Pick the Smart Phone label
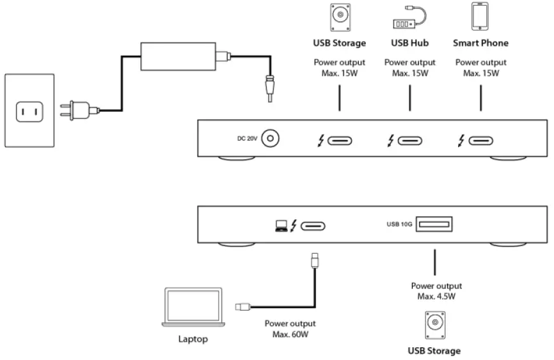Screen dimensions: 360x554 point(480,43)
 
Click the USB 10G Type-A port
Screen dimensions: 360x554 point(435,224)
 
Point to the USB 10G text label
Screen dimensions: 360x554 point(399,224)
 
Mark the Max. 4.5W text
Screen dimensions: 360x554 point(436,295)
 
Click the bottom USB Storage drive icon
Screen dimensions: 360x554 point(435,325)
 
